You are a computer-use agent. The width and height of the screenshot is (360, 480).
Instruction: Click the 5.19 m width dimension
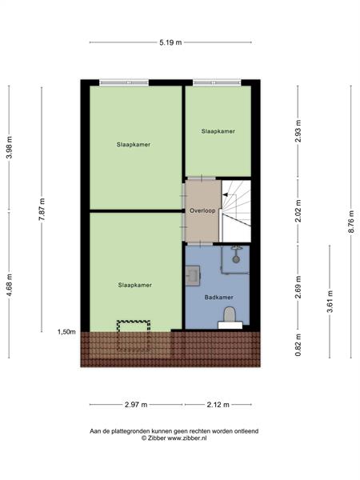170,42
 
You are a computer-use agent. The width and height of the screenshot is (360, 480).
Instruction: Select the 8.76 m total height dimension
351,222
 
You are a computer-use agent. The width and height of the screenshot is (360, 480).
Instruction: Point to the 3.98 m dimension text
10,147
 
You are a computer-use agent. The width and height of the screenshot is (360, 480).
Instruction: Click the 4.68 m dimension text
10,285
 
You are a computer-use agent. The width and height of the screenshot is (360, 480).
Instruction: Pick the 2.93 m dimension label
298,131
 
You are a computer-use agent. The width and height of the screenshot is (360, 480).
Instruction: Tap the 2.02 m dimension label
298,210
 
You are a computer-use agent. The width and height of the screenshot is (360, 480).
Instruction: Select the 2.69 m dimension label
298,287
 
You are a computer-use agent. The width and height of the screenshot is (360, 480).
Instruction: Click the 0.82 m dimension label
298,345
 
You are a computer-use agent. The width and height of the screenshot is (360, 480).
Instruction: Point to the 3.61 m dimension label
330,302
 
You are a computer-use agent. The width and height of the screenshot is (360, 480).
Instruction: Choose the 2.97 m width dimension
136,405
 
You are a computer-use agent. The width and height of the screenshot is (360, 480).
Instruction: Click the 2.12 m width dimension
218,405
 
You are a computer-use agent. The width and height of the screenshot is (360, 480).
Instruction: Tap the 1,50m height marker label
66,332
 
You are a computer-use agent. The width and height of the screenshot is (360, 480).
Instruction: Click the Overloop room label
202,210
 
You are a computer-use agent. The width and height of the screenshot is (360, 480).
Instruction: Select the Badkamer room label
219,298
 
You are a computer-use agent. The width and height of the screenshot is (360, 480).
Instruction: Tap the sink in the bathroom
193,275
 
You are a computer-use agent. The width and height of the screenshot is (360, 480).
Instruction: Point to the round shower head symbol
236,259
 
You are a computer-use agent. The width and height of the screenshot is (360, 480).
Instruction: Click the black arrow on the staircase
225,194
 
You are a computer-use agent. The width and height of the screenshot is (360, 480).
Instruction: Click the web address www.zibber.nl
186,438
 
